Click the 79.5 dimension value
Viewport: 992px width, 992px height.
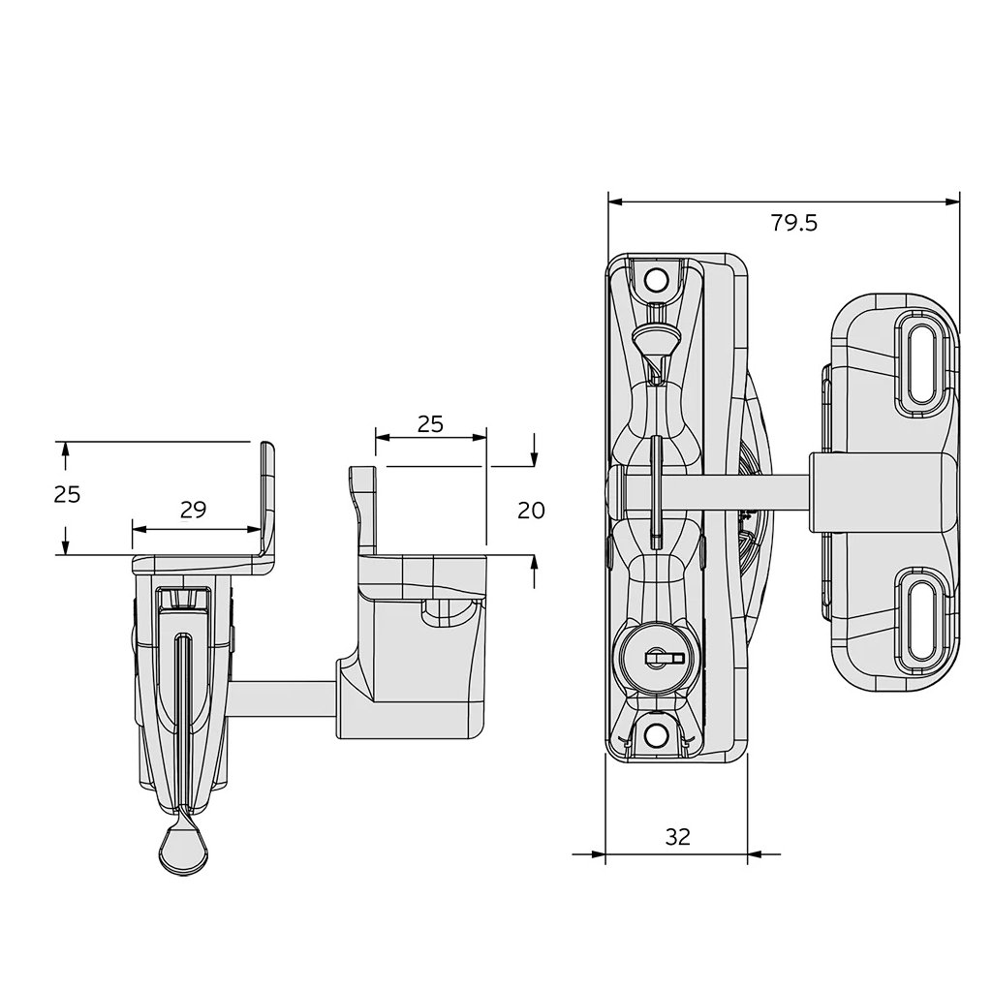pos(794,223)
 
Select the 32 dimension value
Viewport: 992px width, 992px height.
pos(678,837)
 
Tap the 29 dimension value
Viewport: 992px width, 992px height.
pos(194,510)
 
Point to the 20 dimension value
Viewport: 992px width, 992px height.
pos(531,510)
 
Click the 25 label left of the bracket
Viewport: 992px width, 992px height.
pos(67,494)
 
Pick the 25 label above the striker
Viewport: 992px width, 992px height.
pos(430,423)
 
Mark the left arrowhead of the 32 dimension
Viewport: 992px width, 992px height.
pos(598,854)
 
